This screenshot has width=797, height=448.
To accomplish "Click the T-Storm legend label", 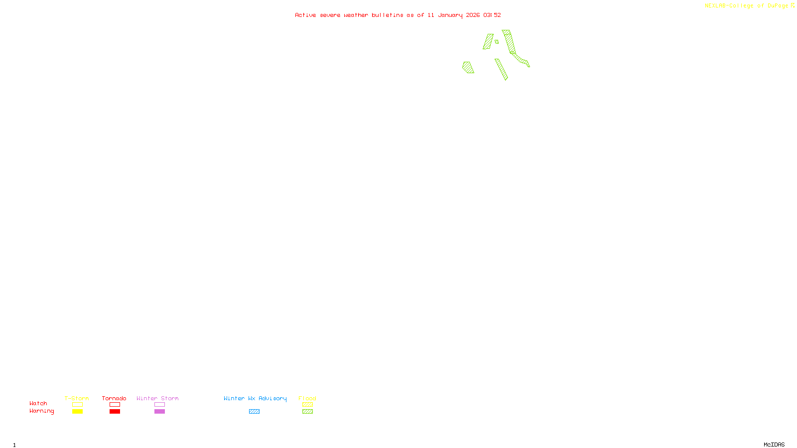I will click(77, 398).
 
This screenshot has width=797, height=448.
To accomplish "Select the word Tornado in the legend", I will click(114, 398).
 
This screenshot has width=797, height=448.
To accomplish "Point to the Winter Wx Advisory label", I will click(255, 398).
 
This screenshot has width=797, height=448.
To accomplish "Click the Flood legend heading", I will click(307, 398).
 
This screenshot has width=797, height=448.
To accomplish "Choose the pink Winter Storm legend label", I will click(157, 398).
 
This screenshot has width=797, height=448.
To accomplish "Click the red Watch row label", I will click(38, 404).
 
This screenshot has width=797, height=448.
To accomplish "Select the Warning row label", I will click(41, 411).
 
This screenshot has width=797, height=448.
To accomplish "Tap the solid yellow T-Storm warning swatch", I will click(77, 412).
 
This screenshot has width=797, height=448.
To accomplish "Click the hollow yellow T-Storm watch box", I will click(77, 405).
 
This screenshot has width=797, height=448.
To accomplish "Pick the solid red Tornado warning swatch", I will click(115, 412).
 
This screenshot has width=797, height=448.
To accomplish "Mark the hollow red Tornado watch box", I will click(115, 405).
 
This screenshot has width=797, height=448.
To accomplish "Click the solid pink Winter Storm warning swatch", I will click(159, 412).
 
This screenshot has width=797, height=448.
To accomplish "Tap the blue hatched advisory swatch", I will click(254, 412).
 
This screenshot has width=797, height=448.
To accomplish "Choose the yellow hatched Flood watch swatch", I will click(307, 405).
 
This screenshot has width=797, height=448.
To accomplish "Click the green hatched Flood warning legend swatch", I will click(307, 412).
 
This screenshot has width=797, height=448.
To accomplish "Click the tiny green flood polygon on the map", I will click(497, 42).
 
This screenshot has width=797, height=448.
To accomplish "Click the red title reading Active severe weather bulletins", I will click(398, 15).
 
